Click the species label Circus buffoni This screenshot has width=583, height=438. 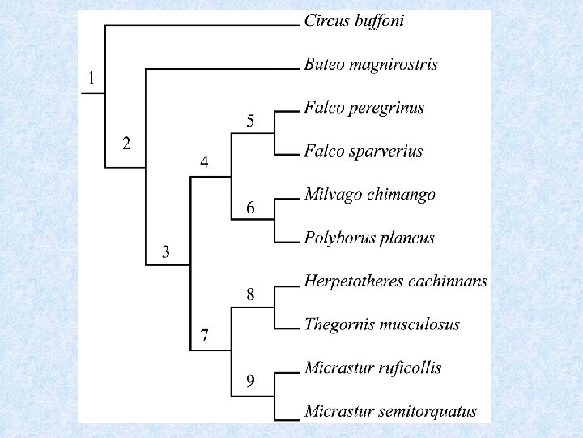coord(354,21)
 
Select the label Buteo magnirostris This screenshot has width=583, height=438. coord(371,65)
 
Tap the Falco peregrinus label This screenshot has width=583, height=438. coord(364,108)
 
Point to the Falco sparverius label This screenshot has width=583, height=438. coord(364,152)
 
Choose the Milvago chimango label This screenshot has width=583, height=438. coord(369,195)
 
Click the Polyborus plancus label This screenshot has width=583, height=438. coord(369,238)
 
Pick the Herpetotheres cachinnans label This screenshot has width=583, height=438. coord(395,281)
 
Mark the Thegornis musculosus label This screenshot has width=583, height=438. coord(381,324)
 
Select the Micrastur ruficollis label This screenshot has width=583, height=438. coord(372,368)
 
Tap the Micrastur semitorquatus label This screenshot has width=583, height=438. coord(390,411)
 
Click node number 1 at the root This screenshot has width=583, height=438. coord(91,79)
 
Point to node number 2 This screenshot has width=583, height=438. coord(126,144)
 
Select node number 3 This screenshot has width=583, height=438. coord(166,252)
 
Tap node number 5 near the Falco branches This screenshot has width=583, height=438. coord(251,122)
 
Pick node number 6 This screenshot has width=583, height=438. coord(251,208)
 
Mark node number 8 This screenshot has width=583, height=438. coord(251,295)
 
